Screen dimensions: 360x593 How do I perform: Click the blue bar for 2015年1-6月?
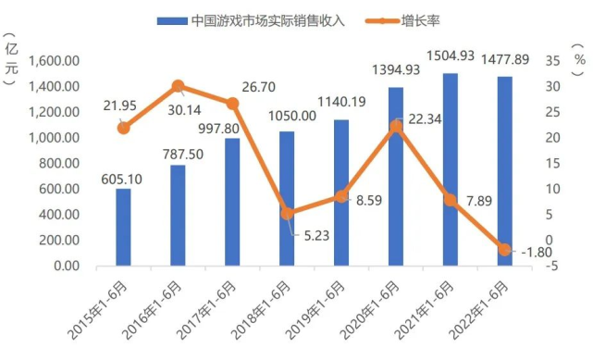click(123, 228)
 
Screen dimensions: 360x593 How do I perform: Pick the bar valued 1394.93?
click(395, 177)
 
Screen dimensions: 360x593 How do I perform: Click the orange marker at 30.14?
click(178, 86)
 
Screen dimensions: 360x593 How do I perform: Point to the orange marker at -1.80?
click(504, 250)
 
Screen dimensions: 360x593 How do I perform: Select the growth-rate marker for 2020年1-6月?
click(395, 126)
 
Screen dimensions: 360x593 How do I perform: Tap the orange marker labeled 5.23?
click(287, 214)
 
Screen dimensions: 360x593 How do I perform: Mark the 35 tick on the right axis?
click(553, 61)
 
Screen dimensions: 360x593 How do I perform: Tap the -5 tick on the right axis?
click(552, 267)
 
